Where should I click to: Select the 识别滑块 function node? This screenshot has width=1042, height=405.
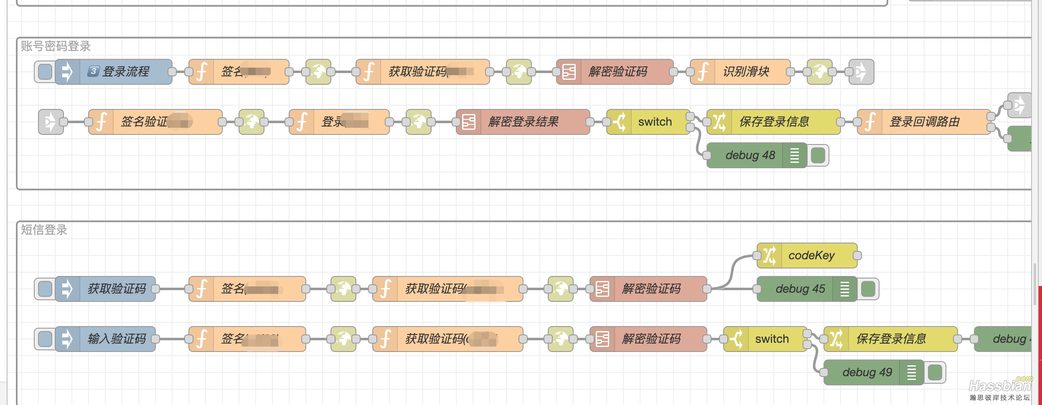[746, 72]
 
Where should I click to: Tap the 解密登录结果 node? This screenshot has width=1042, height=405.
[523, 122]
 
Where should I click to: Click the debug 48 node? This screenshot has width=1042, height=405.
[750, 155]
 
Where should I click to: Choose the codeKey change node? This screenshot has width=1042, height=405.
[811, 256]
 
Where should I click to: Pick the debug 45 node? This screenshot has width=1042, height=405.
[800, 289]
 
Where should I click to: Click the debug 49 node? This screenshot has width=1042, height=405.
[867, 372]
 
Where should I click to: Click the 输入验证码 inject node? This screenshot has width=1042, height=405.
[116, 339]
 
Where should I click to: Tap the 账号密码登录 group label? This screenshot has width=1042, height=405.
[56, 46]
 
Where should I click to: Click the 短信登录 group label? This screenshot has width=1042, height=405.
[44, 230]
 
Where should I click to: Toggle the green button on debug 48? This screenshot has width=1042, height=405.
[818, 155]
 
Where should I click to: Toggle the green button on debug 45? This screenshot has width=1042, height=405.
[868, 289]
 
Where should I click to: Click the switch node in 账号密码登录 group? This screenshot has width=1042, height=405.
[654, 122]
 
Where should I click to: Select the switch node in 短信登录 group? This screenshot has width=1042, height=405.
[771, 339]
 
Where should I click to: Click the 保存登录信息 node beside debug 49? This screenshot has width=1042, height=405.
[891, 339]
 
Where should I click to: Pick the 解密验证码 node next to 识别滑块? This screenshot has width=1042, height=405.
[618, 72]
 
